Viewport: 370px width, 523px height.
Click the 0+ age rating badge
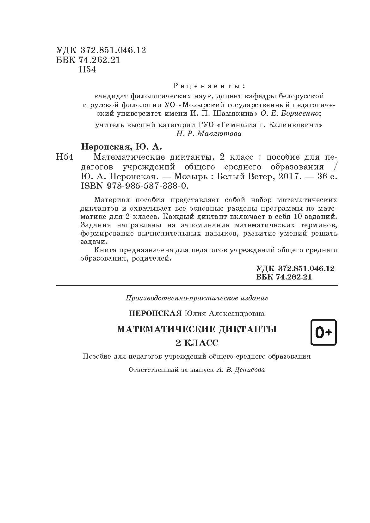(324, 332)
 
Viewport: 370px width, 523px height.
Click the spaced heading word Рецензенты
(209, 86)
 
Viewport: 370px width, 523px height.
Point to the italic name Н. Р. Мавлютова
(209, 133)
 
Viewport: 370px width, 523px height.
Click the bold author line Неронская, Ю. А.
(121, 147)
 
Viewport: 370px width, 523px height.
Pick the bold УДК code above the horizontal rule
(295, 268)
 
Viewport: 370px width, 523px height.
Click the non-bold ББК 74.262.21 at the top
(89, 60)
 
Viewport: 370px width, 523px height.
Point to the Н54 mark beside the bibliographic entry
(65, 157)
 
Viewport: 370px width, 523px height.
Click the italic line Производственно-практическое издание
(197, 298)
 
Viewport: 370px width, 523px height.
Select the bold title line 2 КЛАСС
(197, 343)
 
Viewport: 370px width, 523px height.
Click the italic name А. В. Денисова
(241, 370)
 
